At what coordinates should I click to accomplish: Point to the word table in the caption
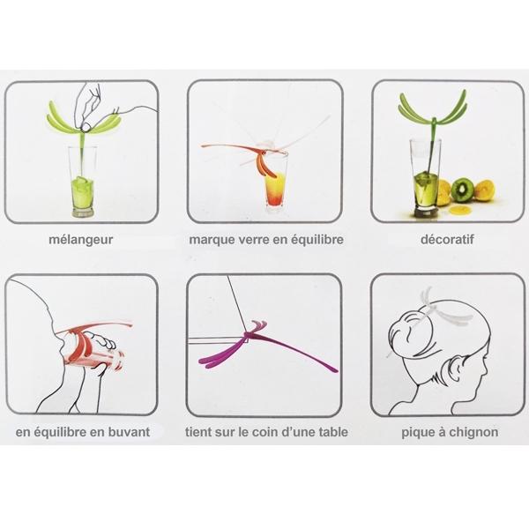(330, 433)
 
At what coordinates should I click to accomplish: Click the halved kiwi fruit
(462, 189)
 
